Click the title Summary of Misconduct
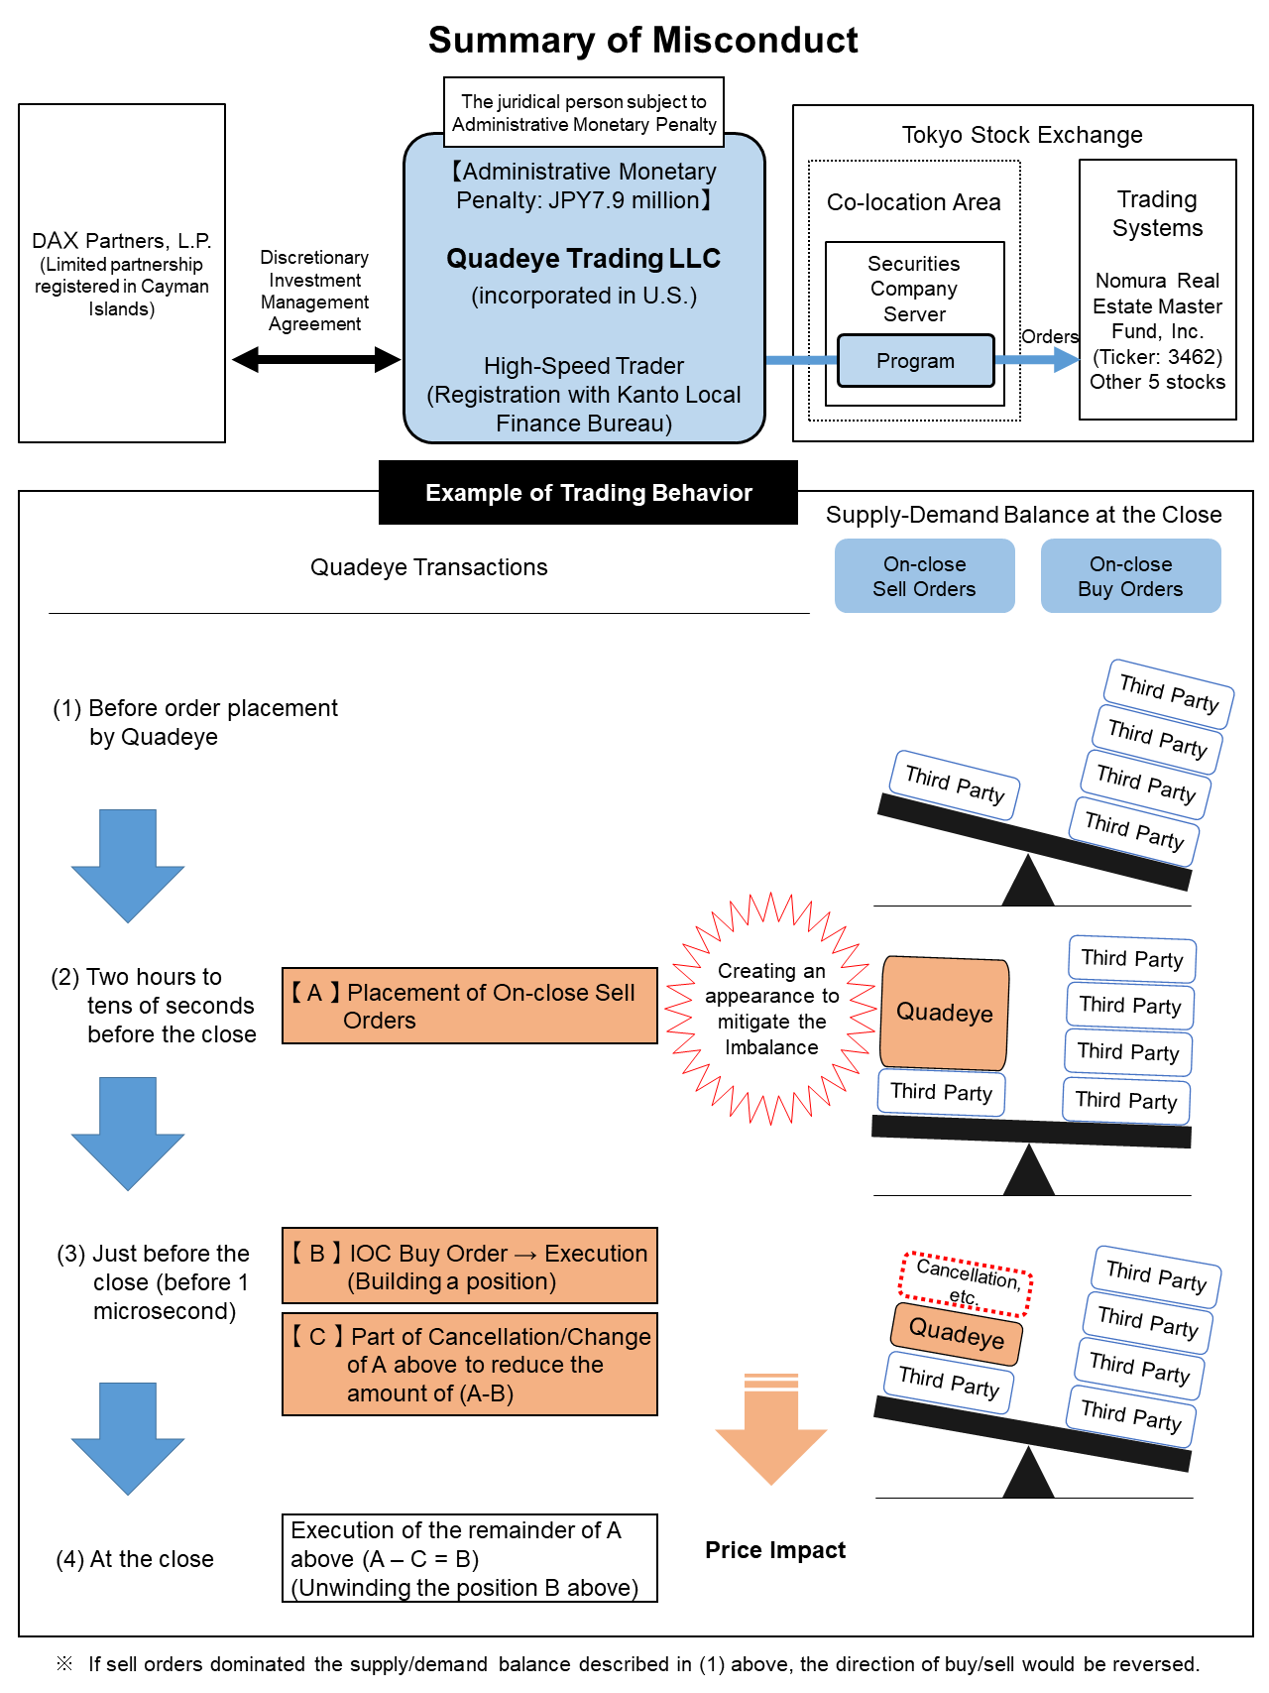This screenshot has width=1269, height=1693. pyautogui.click(x=642, y=41)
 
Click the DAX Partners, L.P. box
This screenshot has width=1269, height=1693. pyautogui.click(x=122, y=273)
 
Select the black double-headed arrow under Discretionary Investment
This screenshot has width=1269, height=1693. pyautogui.click(x=315, y=359)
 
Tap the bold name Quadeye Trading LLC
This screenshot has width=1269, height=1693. pyautogui.click(x=583, y=259)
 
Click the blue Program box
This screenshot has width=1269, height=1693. pyautogui.click(x=915, y=361)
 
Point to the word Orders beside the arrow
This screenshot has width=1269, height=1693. pyautogui.click(x=1049, y=337)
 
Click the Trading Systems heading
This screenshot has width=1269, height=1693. pyautogui.click(x=1157, y=213)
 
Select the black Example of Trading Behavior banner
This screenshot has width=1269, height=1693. pyautogui.click(x=588, y=493)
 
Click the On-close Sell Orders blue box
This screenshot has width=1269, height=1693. pyautogui.click(x=924, y=576)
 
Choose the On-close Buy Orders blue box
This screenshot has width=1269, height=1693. pyautogui.click(x=1130, y=576)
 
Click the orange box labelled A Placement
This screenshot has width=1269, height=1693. pyautogui.click(x=469, y=1006)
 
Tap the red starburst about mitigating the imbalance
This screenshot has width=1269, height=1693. pyautogui.click(x=771, y=1009)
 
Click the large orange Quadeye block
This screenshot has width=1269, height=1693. pyautogui.click(x=944, y=1013)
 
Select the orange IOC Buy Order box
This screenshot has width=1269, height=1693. pyautogui.click(x=469, y=1267)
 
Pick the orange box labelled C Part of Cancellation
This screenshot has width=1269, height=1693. pyautogui.click(x=469, y=1365)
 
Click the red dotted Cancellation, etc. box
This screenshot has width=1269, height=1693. pyautogui.click(x=966, y=1283)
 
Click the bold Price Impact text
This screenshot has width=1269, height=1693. pyautogui.click(x=775, y=1550)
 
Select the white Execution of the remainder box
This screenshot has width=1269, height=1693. pyautogui.click(x=469, y=1558)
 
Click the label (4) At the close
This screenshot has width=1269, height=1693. pyautogui.click(x=135, y=1559)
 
